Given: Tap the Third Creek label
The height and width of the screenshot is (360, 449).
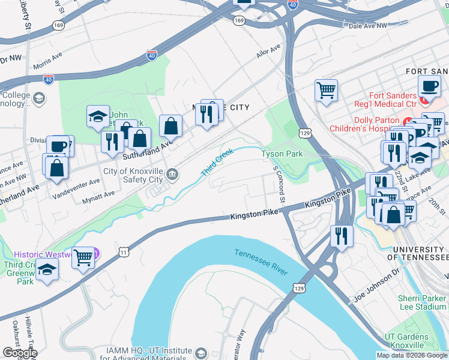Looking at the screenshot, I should pos(216,163).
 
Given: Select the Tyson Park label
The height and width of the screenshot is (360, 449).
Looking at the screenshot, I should pos(282,154).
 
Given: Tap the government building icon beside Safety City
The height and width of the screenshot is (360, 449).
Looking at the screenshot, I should pos(172,175).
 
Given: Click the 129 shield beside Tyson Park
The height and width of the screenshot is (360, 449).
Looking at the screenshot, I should pos(306,132).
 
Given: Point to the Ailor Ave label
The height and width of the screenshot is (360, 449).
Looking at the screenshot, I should pos(268,52).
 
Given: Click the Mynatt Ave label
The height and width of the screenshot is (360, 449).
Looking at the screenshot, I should pos(98,194).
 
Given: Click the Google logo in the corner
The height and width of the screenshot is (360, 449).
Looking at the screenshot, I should pos(20,353).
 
